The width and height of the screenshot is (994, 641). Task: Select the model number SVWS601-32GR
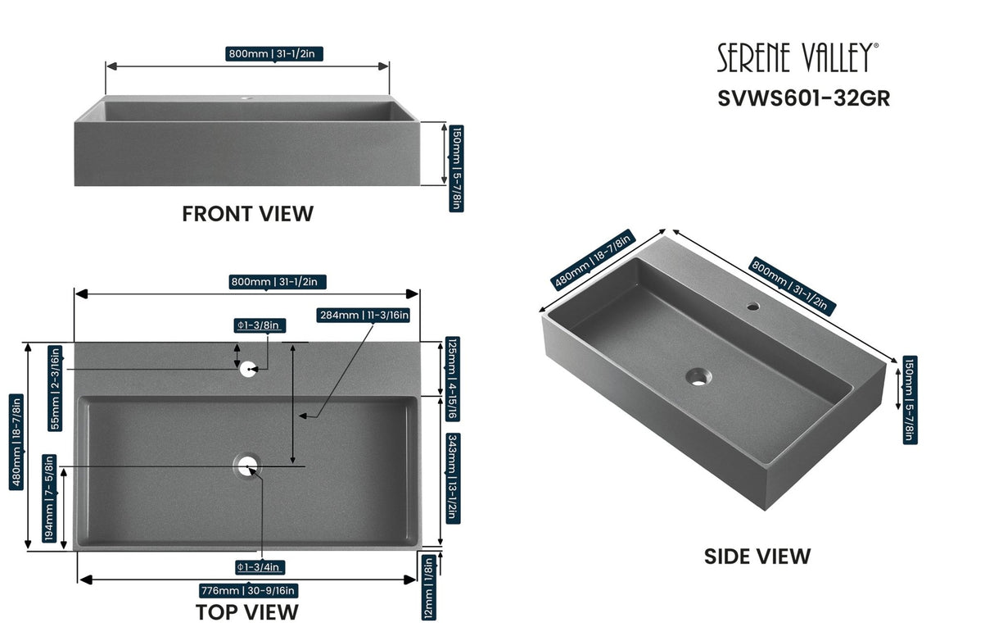coord(803,98)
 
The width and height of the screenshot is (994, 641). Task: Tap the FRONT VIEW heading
coord(247,214)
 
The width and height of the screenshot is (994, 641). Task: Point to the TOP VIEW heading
coord(246,611)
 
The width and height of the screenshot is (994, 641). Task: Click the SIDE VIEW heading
coord(757,557)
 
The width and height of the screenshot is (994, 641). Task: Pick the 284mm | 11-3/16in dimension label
coord(364,315)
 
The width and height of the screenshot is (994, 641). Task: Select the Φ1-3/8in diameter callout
coord(259,325)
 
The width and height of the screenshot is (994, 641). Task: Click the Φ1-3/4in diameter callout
coord(259,567)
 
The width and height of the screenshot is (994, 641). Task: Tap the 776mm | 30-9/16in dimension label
coord(248,590)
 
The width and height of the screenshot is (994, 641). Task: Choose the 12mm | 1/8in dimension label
coord(429,587)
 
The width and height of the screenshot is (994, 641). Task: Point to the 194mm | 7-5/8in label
coord(49,498)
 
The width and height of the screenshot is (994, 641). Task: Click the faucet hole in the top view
coord(249,368)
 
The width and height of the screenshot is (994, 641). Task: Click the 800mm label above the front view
coord(276,54)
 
